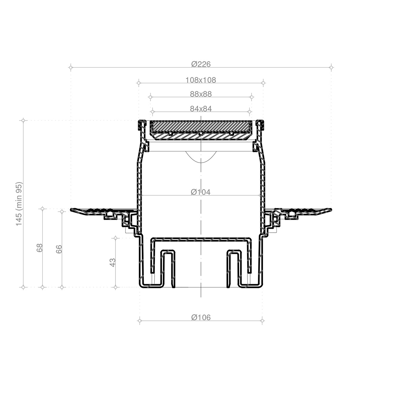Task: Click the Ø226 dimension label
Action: (x=201, y=64)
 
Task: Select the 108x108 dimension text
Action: (x=201, y=80)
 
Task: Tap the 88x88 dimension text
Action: (x=201, y=94)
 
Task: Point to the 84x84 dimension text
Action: (x=201, y=109)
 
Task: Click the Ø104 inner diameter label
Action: (x=201, y=192)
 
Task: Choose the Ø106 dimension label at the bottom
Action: (x=201, y=317)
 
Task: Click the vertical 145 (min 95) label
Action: (x=19, y=204)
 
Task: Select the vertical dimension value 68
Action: (x=39, y=248)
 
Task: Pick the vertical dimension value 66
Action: (x=59, y=249)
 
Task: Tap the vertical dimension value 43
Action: (x=112, y=263)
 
